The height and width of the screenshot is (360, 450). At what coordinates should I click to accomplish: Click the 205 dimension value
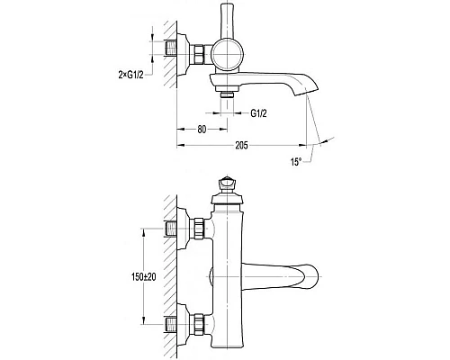tap(241, 146)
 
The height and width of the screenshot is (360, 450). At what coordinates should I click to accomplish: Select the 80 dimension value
tap(202, 130)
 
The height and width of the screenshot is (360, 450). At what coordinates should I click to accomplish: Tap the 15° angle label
tap(295, 162)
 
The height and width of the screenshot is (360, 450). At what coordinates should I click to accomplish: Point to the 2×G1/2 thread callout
tap(130, 75)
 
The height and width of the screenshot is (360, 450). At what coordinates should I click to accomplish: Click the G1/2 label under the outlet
tap(258, 113)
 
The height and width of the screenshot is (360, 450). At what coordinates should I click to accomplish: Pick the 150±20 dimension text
tap(144, 276)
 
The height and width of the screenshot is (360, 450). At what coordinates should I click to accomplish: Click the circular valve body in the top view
tap(227, 55)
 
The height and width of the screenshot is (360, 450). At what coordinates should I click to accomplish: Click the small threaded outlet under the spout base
tap(227, 94)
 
